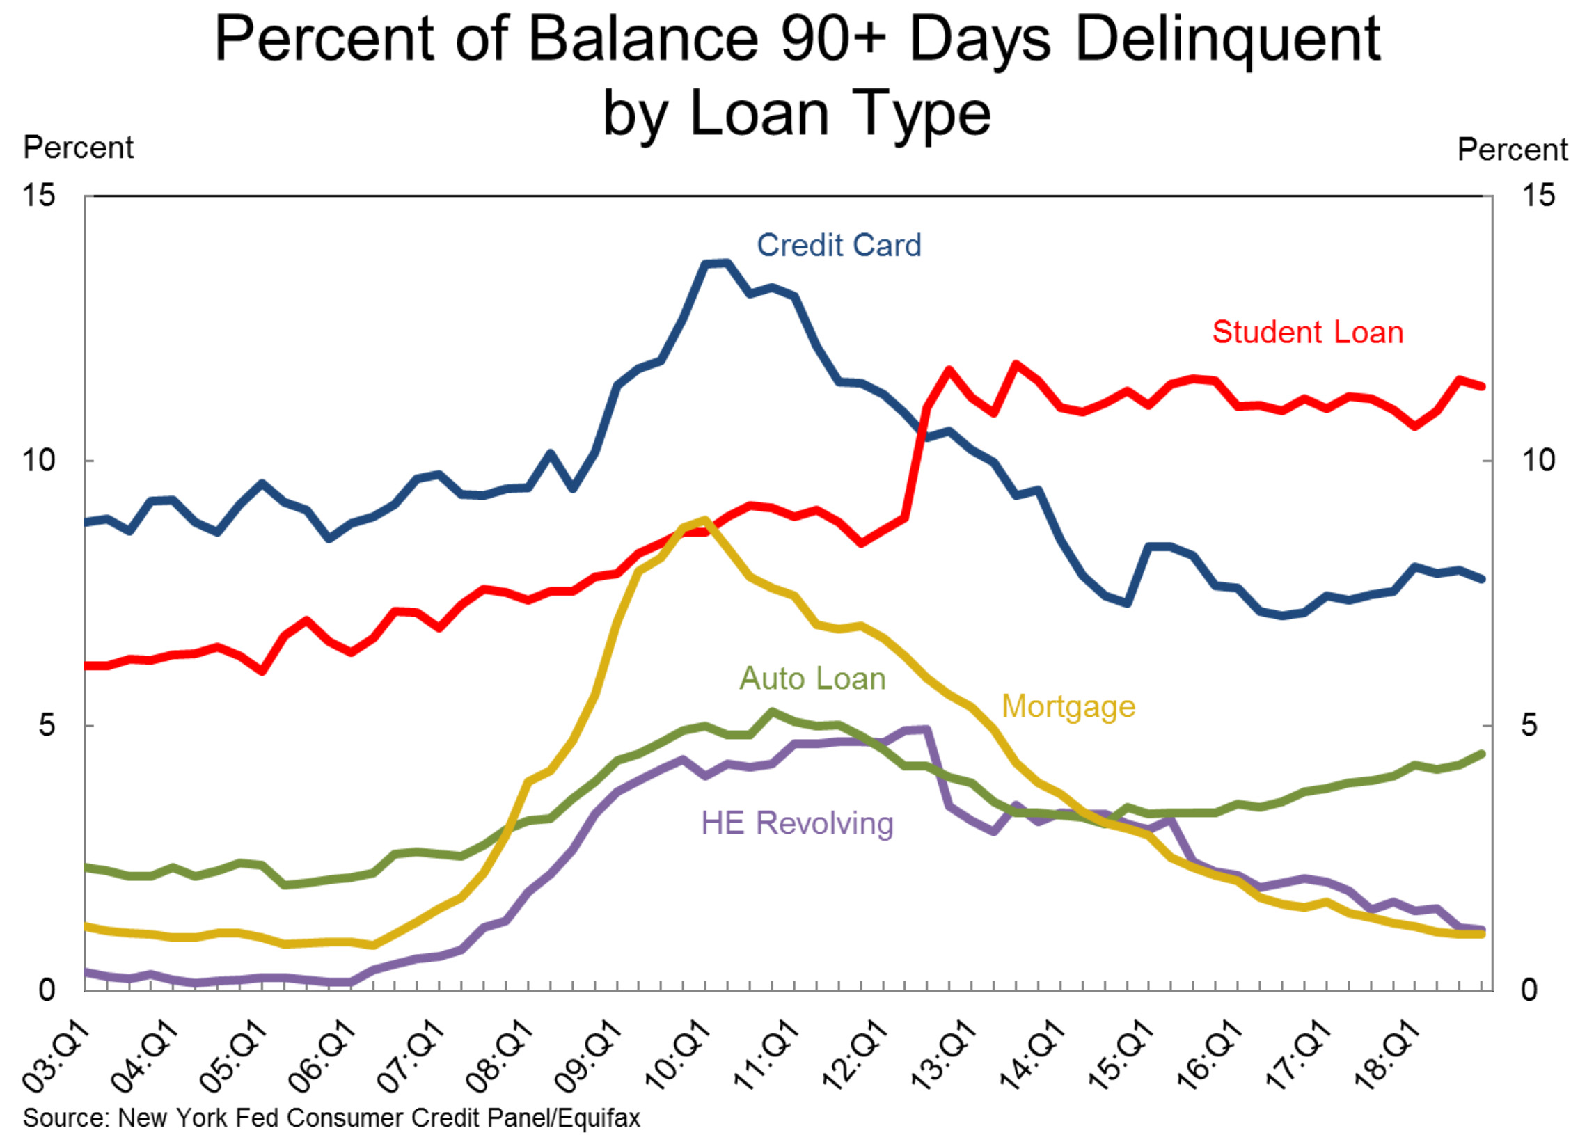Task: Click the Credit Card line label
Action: point(838,246)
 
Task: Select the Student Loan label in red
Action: point(1306,332)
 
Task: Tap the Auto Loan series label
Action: point(812,678)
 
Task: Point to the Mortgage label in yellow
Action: point(1068,706)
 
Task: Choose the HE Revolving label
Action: point(797,823)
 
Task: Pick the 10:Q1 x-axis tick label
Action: point(677,1056)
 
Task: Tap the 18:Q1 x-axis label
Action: point(1387,1056)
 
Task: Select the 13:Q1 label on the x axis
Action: point(943,1056)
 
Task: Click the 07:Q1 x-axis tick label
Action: point(411,1056)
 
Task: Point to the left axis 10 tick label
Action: point(38,461)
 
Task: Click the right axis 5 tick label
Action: point(1529,725)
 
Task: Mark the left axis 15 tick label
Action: point(38,195)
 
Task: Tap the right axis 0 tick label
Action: point(1529,990)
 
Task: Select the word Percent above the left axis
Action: point(78,148)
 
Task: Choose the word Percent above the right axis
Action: point(1513,150)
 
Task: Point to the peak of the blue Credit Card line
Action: point(717,263)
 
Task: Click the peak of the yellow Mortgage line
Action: point(704,520)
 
